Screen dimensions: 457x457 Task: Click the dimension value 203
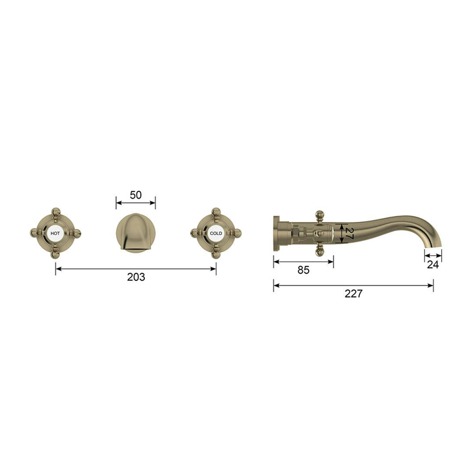point(136,277)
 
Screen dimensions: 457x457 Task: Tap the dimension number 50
point(136,195)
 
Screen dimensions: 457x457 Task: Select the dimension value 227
point(354,294)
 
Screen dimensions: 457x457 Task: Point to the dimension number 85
point(304,270)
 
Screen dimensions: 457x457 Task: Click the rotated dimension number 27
point(349,234)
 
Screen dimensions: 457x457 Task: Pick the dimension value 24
point(433,264)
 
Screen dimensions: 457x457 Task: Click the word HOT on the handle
point(55,234)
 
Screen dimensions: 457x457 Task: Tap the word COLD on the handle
point(216,234)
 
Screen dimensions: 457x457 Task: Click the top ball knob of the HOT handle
point(55,212)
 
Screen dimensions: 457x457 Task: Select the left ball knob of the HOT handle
point(35,233)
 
